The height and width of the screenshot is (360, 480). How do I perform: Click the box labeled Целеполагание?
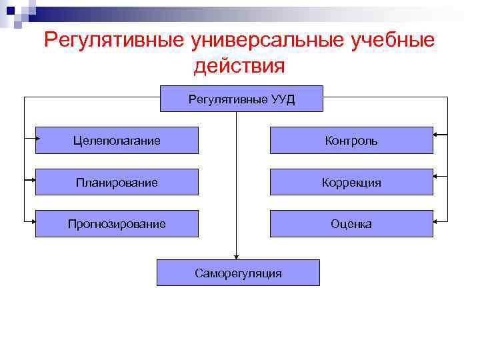click(117, 140)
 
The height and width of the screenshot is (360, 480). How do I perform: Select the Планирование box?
click(117, 182)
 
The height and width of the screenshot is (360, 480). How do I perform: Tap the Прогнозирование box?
click(117, 223)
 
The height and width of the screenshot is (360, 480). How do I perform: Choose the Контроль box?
click(351, 140)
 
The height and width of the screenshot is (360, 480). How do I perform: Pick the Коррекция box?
click(351, 182)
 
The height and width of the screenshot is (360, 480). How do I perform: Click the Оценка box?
click(351, 223)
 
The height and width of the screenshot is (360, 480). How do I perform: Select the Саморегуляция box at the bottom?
click(238, 273)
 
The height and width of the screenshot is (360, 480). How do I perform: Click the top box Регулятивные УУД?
click(241, 99)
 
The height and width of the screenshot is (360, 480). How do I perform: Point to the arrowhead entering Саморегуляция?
click(235, 256)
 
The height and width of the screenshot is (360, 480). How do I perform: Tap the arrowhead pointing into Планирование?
click(33, 179)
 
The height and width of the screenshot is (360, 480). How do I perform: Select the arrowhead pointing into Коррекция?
click(435, 177)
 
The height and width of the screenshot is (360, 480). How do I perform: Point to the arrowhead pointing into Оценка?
click(435, 219)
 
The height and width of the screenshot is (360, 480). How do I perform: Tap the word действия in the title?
click(239, 66)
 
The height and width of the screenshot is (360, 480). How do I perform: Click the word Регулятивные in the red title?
click(113, 40)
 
